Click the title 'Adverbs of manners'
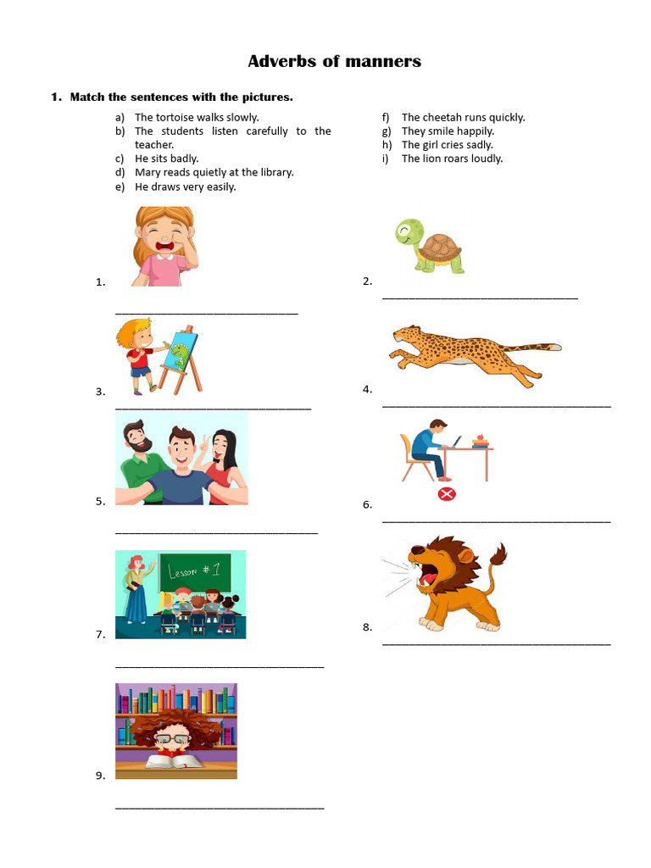tap(334, 61)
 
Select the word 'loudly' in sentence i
tap(487, 159)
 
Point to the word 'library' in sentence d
tap(275, 172)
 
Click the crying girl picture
tap(164, 246)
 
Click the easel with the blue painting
tap(180, 356)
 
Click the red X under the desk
tap(447, 494)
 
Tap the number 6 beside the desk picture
tap(367, 504)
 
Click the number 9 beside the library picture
tap(100, 775)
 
